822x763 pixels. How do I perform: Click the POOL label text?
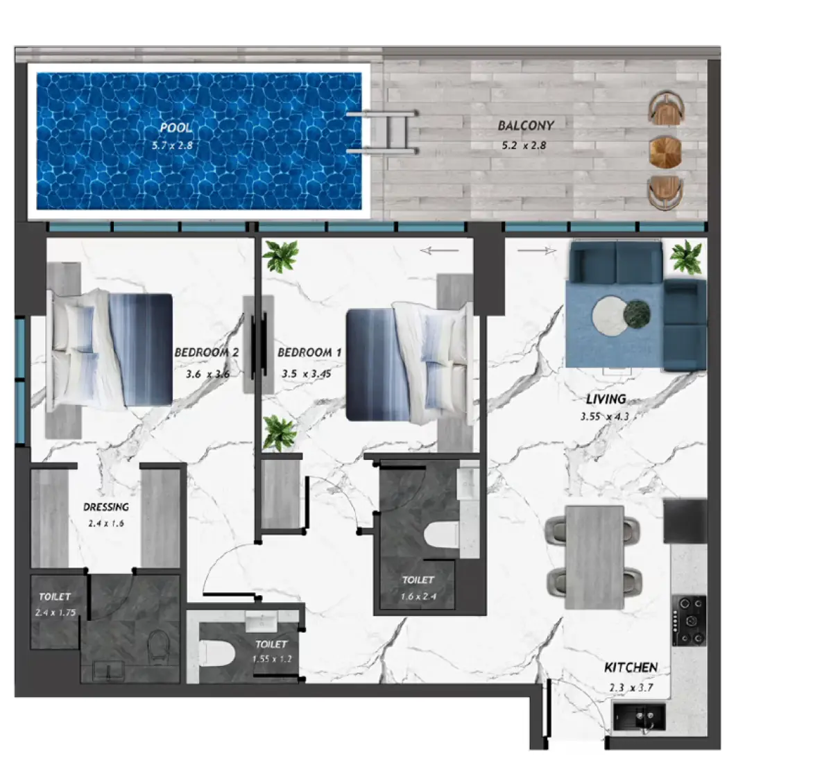point(176,128)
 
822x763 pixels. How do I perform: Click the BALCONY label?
point(526,126)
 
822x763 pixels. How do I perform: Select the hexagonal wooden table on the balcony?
point(665,151)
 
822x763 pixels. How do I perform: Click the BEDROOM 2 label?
point(206,352)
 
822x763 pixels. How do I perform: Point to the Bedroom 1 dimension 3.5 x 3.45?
point(306,374)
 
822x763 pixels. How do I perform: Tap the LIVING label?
point(606,399)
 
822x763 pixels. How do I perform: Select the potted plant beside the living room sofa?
point(686,257)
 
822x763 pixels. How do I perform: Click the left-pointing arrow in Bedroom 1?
point(439,250)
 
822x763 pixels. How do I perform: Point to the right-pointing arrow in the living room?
point(538,250)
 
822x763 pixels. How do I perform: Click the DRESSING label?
point(106,507)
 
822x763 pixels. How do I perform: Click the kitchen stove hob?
point(689,621)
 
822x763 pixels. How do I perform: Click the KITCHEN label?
point(631,667)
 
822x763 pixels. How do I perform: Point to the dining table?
point(594,556)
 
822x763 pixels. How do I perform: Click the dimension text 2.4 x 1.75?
point(55,612)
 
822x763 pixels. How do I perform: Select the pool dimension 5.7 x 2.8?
point(173,146)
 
